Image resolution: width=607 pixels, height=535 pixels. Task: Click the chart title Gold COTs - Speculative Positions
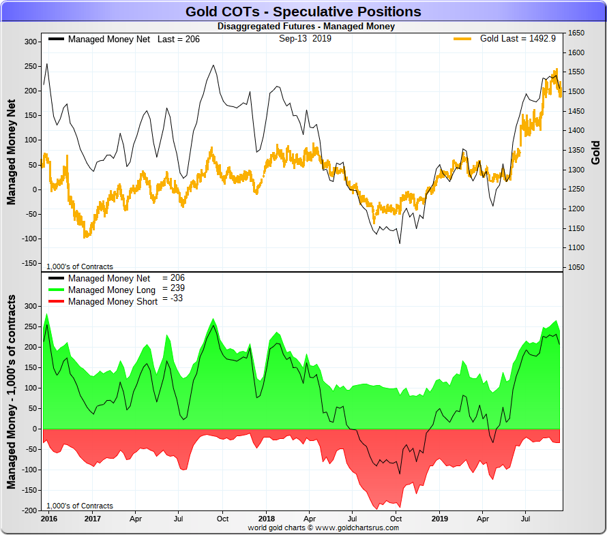[303, 12]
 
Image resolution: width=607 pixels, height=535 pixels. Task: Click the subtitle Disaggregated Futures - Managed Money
[306, 27]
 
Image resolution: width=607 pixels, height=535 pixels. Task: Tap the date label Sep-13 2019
[304, 39]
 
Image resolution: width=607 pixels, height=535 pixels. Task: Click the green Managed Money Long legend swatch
[56, 290]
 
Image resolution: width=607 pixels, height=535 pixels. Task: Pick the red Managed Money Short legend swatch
[56, 302]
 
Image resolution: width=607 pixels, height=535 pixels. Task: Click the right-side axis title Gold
[595, 153]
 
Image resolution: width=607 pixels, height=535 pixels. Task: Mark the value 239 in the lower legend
[175, 288]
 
